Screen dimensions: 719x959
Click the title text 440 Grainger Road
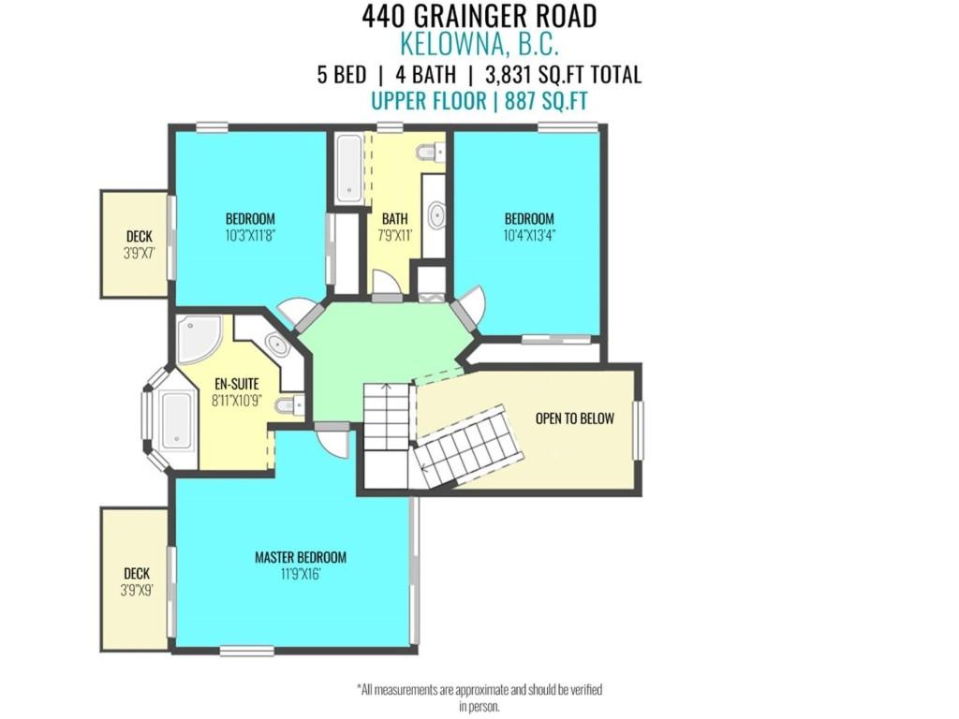tap(479, 16)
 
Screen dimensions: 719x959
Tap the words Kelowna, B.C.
tap(479, 44)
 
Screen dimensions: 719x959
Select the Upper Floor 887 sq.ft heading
tap(479, 101)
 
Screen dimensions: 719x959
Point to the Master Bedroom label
tap(301, 557)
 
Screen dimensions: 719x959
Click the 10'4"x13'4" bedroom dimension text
tap(529, 236)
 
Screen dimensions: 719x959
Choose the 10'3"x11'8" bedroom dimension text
tap(250, 236)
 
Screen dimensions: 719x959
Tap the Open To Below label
tap(574, 418)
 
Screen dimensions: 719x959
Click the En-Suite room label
tap(236, 384)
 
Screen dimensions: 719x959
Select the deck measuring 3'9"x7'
tap(134, 244)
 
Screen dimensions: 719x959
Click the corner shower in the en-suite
tap(198, 339)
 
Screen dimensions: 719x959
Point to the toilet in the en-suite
tap(291, 405)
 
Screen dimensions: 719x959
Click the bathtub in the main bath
tap(348, 169)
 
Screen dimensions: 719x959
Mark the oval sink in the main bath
tap(436, 214)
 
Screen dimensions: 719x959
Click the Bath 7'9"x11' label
tap(394, 227)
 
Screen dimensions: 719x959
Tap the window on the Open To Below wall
tap(639, 430)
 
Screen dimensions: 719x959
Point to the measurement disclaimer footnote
tap(479, 697)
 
